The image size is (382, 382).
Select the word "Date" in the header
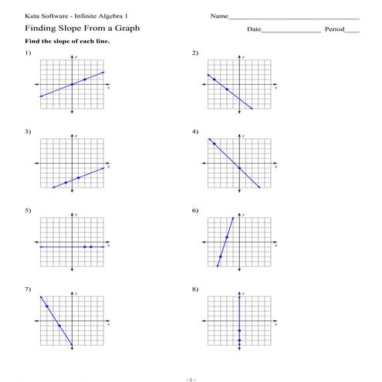click(254, 29)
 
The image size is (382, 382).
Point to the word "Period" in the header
click(333, 29)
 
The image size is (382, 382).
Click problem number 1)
click(28, 52)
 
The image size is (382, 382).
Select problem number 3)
click(28, 132)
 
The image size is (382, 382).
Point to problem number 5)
click(28, 211)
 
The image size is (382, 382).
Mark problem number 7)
click(28, 289)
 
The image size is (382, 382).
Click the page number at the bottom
click(191, 379)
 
